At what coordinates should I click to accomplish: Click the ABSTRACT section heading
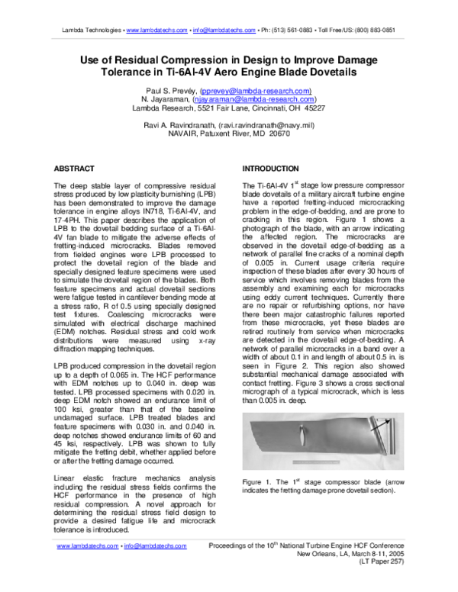(x=75, y=168)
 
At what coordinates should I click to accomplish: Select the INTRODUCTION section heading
(x=270, y=168)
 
